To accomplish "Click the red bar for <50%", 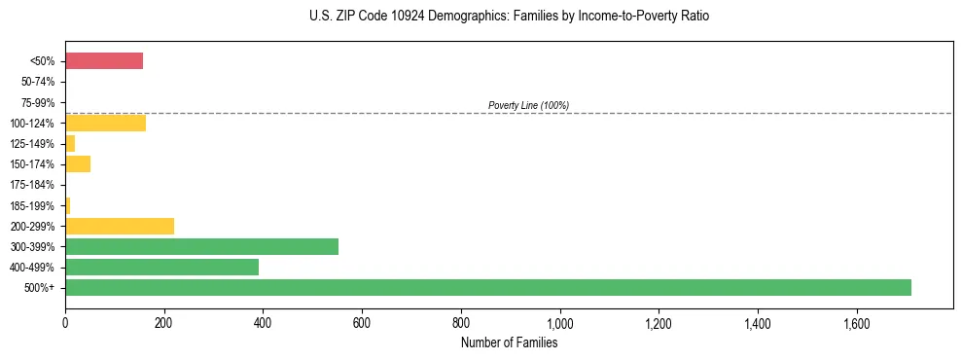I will click(104, 61).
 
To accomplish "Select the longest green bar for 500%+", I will click(487, 287).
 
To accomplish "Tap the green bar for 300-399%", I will click(201, 246).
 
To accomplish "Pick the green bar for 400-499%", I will click(161, 267).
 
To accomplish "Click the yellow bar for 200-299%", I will click(120, 226).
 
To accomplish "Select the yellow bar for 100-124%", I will click(105, 123).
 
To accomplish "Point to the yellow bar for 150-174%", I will click(78, 163).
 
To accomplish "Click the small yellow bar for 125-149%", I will click(70, 143).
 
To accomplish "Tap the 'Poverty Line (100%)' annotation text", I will click(528, 105).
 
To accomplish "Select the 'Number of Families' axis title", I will click(509, 342).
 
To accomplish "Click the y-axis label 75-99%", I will click(38, 102).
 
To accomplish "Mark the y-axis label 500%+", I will click(40, 288).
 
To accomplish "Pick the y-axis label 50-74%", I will click(38, 82).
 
